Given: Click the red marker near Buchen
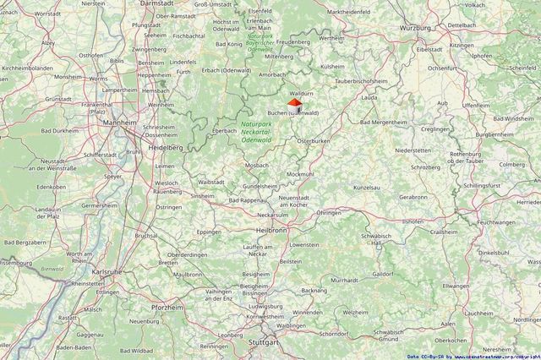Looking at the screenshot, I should pos(294,103).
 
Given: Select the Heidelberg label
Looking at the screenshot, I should pos(164,147).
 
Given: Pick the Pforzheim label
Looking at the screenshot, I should pos(168,308).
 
